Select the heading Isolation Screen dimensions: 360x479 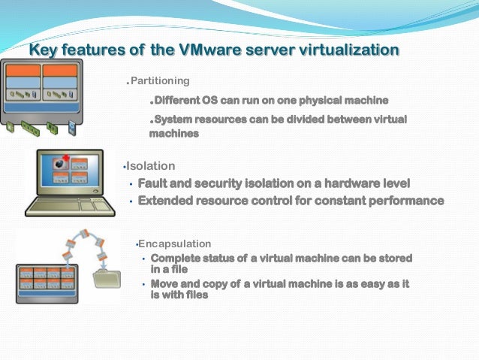[x=150, y=165]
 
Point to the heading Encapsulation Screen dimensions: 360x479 [x=174, y=244]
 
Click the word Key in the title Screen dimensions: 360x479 [x=44, y=50]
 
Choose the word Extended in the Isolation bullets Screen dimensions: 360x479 [x=165, y=201]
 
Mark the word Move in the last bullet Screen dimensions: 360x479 [x=164, y=283]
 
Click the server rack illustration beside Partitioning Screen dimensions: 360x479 [x=41, y=89]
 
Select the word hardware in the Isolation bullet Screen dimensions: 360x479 [x=336, y=183]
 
